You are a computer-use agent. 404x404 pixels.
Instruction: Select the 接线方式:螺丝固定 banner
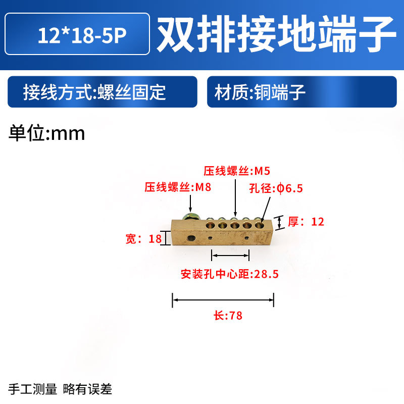[102, 92]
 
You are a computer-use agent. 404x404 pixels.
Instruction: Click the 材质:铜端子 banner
[301, 92]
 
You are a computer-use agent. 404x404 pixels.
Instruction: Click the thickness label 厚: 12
[306, 221]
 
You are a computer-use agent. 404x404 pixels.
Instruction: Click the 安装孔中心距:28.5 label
[230, 275]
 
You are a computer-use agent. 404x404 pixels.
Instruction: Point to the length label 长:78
[228, 316]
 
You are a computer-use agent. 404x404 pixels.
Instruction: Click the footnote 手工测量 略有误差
[60, 389]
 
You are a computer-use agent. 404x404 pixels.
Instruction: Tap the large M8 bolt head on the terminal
[189, 218]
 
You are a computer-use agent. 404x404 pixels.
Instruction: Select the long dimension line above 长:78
[223, 300]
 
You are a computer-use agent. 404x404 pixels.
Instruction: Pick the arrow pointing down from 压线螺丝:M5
[235, 197]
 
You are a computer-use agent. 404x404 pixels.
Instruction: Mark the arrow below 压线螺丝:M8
[190, 203]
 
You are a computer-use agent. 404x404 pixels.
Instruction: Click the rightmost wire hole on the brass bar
[260, 223]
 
